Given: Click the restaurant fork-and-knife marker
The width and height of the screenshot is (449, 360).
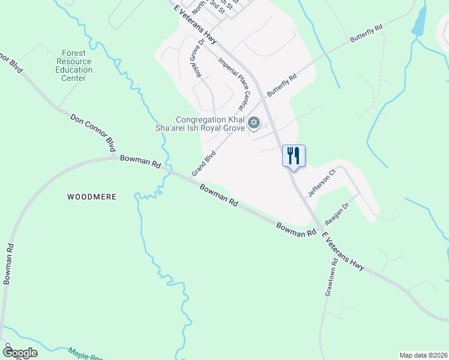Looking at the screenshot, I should click(x=294, y=156).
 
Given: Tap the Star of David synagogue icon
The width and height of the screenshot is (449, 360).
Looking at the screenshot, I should click(x=253, y=123).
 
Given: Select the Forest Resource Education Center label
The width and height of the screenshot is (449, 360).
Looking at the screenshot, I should click(x=74, y=65).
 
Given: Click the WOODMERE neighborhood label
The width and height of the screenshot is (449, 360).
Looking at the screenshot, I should click(x=91, y=197).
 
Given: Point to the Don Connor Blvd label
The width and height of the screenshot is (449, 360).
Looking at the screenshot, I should click(x=94, y=133).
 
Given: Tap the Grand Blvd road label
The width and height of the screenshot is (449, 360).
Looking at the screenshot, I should click(x=203, y=163).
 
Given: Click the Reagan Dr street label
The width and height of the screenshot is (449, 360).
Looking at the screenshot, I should click(x=337, y=212).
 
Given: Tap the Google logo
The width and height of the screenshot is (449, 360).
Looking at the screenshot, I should click(x=19, y=352).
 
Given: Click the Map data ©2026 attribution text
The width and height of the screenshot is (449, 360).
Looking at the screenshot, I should click(x=423, y=355).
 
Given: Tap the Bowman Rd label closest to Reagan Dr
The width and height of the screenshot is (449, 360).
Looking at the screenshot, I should click(x=296, y=229).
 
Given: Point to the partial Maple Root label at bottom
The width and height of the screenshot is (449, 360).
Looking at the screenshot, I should click(x=84, y=353).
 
